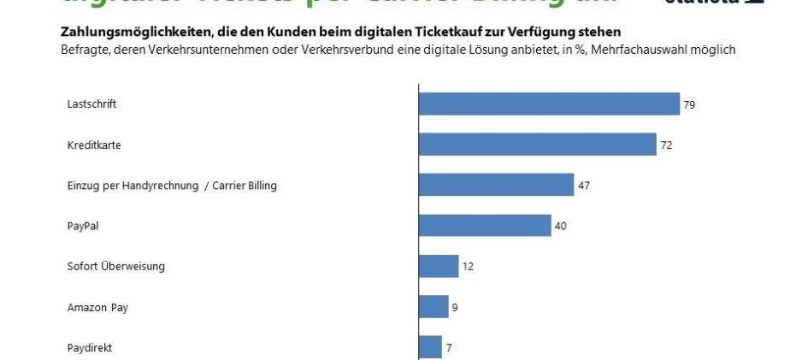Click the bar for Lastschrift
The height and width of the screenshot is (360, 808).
click(549, 104)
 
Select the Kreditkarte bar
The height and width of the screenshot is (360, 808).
click(537, 145)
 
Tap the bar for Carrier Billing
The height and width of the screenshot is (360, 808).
click(496, 185)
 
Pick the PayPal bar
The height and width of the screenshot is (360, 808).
click(485, 226)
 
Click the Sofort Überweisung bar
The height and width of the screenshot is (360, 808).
click(439, 266)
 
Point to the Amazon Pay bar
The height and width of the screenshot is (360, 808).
click(433, 306)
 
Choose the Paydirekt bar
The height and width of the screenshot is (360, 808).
click(430, 346)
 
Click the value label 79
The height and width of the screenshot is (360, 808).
click(688, 104)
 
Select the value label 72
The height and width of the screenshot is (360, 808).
click(666, 145)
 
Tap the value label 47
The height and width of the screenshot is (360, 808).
click(584, 186)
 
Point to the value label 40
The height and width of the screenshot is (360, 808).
click(561, 226)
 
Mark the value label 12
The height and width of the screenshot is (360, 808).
click(468, 266)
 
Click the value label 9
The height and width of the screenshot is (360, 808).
click(455, 306)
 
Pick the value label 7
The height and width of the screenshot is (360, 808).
click(449, 347)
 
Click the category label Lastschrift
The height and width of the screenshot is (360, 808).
click(91, 104)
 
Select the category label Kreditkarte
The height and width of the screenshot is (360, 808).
click(93, 145)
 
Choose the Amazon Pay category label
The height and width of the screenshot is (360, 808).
click(97, 307)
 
